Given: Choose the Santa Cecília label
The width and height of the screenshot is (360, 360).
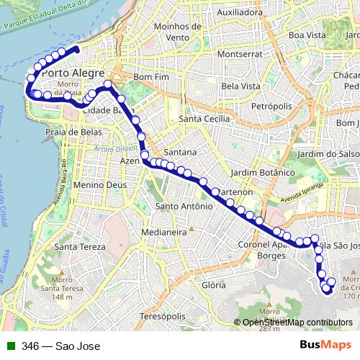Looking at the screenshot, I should (206, 119).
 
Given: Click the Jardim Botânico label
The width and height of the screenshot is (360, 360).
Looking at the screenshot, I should (264, 173).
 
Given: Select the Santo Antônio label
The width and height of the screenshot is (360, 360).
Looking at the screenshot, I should (184, 207).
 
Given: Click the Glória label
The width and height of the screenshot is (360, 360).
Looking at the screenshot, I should (214, 285).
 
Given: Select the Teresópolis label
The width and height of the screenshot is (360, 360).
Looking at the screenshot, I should (163, 316).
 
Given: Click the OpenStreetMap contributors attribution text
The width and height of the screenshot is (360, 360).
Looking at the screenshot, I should (297, 323).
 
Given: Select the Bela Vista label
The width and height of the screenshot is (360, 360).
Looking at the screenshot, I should (241, 86).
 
